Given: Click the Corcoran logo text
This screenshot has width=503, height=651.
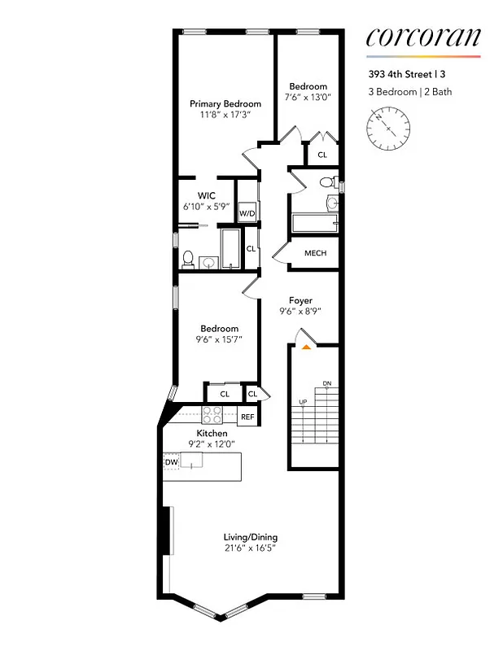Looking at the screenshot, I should click(x=422, y=37).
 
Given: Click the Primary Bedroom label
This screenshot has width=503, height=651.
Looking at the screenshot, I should click(x=225, y=104).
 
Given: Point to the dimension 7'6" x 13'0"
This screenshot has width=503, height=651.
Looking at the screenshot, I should click(x=308, y=97).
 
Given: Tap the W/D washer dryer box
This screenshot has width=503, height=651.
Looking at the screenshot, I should click(x=247, y=213).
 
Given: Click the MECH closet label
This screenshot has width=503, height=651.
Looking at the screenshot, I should click(x=315, y=253).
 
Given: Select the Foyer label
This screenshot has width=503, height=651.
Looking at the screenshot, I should click(x=300, y=300).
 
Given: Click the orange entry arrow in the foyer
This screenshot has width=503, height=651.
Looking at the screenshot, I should click(x=306, y=347).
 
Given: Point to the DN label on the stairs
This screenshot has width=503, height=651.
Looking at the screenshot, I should click(x=326, y=383).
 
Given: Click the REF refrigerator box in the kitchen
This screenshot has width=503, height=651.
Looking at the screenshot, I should click(x=247, y=417).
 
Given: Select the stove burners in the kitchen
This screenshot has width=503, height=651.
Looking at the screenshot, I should click(x=212, y=416).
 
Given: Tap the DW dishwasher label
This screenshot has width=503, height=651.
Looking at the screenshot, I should click(x=171, y=462).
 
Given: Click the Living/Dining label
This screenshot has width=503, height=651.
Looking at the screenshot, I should click(x=251, y=537).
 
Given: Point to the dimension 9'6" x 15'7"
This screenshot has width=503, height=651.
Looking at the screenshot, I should click(x=219, y=339).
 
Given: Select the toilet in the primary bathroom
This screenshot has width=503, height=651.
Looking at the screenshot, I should click(x=187, y=260).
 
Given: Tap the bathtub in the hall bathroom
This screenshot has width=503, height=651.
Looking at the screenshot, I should click(x=313, y=223).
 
